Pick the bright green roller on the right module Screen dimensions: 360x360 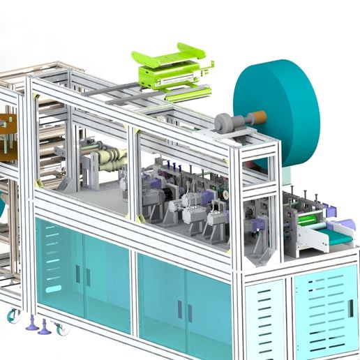tap(307, 220)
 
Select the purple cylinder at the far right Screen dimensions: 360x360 tap(347, 224)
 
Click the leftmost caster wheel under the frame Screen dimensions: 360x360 tap(13, 316)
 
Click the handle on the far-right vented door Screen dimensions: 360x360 tap(351, 306)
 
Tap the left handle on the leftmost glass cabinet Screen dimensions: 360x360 tap(77, 273)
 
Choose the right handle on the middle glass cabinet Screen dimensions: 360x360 tap(190, 312)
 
